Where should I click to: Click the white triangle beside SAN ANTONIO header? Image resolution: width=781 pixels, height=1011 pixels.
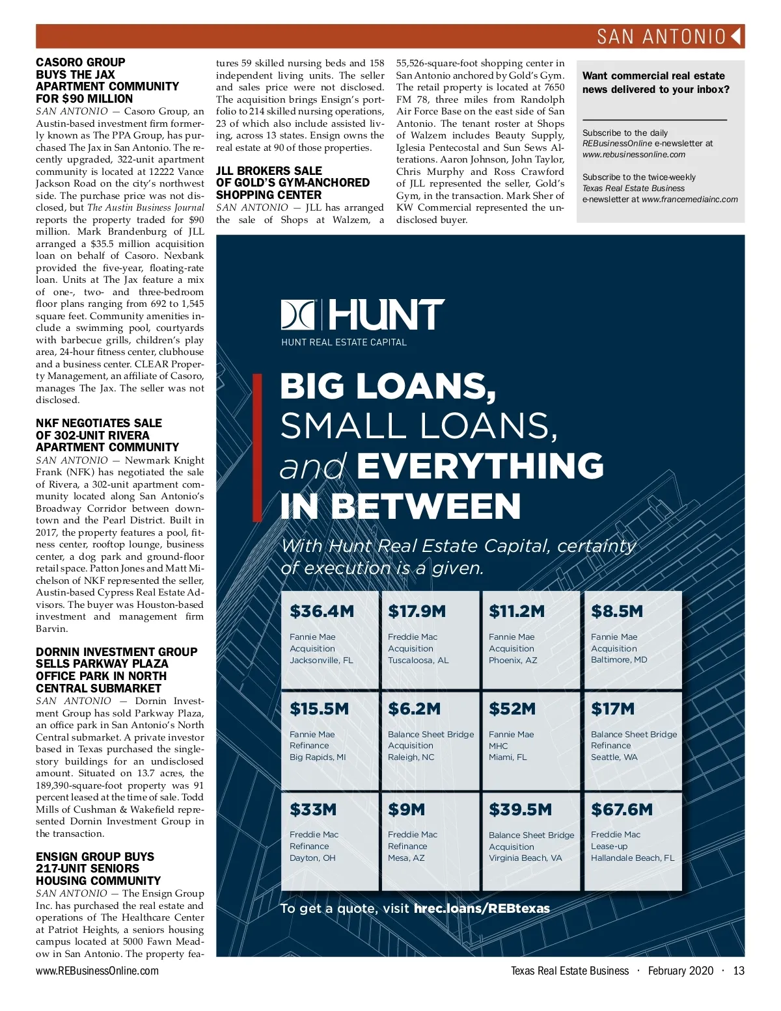[x=737, y=36]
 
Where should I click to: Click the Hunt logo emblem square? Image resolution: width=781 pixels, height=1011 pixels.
[x=298, y=315]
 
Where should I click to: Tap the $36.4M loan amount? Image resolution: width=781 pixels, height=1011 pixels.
[x=322, y=611]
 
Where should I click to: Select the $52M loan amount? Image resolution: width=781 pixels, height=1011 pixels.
[x=512, y=709]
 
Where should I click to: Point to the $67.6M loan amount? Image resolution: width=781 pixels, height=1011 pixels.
[x=622, y=809]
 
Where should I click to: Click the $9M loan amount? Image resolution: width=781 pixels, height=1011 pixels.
[x=406, y=809]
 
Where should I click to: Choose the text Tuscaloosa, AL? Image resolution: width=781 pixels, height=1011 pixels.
[x=418, y=660]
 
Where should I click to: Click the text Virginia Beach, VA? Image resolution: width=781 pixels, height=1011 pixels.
[x=525, y=858]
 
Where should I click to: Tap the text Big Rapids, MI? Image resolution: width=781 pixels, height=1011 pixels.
[x=318, y=757]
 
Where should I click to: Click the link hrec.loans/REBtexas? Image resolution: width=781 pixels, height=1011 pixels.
[x=482, y=908]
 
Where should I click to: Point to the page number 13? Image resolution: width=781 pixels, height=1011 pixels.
[x=738, y=971]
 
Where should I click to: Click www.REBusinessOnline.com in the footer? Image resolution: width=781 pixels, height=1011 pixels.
[x=97, y=971]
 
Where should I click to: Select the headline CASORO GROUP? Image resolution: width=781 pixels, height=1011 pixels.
[x=81, y=62]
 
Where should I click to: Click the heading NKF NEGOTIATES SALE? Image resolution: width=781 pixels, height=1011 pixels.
[x=99, y=423]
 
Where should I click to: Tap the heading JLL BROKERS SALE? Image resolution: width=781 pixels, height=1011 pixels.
[x=269, y=171]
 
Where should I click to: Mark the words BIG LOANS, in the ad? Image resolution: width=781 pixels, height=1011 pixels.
[x=388, y=386]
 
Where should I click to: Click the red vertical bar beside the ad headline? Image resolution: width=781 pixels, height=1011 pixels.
[x=258, y=449]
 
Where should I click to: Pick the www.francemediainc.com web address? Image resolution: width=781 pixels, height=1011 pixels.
[x=690, y=200]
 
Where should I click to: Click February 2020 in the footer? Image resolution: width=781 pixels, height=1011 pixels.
[x=681, y=971]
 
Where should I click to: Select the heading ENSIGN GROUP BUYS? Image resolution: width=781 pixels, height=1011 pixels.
[x=95, y=857]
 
